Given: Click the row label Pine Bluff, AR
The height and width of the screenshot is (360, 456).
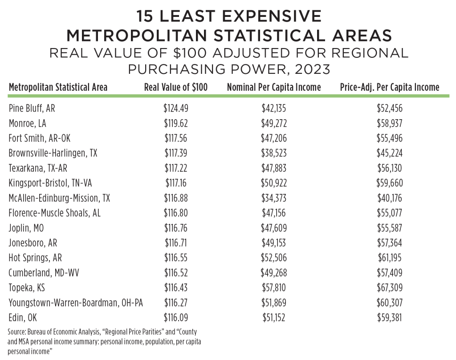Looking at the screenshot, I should [32, 108].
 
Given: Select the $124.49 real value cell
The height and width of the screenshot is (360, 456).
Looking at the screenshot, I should [176, 108].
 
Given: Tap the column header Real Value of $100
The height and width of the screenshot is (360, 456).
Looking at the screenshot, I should [176, 87].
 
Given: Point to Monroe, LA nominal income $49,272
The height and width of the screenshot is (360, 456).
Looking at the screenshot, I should [274, 123].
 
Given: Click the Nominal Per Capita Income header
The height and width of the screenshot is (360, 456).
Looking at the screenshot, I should [274, 87].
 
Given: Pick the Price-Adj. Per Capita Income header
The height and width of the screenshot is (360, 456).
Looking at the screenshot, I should [389, 87].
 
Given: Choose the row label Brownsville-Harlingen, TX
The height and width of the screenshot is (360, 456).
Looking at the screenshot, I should [53, 153].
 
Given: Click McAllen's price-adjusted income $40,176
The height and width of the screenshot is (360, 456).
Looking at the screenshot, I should [389, 198].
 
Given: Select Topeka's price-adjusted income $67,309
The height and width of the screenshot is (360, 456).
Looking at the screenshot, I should [389, 288].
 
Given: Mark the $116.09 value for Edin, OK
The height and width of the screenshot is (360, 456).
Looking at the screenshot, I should [176, 318].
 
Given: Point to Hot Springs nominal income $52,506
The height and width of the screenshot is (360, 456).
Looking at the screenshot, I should [274, 258].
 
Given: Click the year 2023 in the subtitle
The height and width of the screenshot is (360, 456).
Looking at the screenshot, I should [307, 69].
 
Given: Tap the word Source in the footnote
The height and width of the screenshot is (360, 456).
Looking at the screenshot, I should [18, 332].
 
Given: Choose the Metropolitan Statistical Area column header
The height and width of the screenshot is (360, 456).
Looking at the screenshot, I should [58, 87].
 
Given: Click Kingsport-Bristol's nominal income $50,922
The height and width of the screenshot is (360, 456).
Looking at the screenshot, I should [274, 183].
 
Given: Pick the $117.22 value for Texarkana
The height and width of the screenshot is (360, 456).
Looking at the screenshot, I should [176, 168].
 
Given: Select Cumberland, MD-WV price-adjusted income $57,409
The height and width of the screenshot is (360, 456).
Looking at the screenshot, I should [389, 273].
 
